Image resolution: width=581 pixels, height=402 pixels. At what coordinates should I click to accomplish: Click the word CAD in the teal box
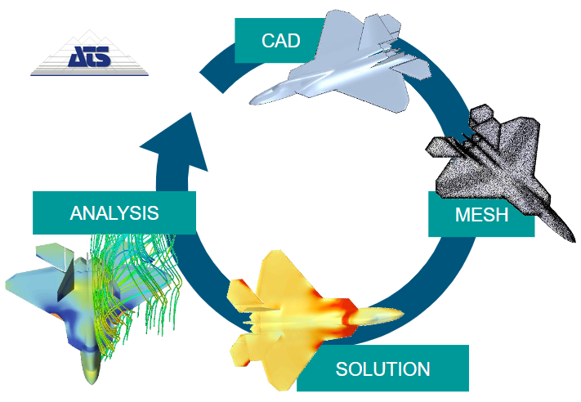(x=280, y=40)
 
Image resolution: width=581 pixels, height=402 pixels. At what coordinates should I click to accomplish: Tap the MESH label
(x=481, y=215)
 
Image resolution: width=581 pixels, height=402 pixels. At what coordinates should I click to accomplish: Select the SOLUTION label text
(x=382, y=368)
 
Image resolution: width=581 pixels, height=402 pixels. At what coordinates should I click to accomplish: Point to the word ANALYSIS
(x=114, y=213)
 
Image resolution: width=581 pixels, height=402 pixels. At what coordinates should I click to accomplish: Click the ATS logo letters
(x=89, y=56)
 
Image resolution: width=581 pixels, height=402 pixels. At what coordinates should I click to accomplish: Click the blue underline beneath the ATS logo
(x=89, y=75)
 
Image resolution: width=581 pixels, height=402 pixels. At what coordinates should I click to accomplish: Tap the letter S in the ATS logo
(x=102, y=56)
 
